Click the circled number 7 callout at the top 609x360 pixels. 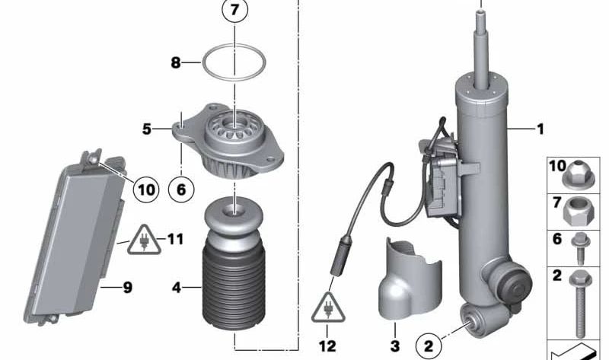[235, 12]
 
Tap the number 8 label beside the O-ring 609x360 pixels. [176, 63]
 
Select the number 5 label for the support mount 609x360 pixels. [147, 129]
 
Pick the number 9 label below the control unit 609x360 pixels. [127, 287]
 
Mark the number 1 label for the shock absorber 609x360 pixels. [540, 129]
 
